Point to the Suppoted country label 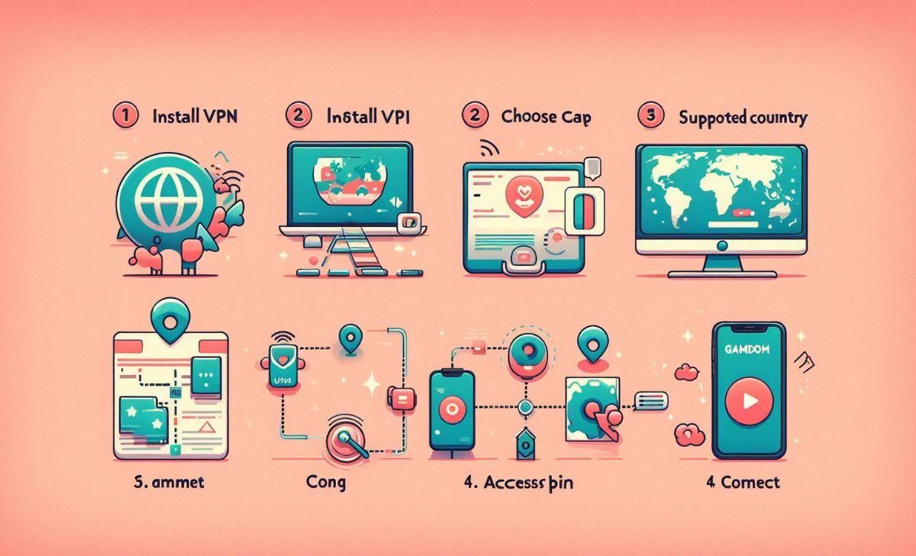coord(743,118)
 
